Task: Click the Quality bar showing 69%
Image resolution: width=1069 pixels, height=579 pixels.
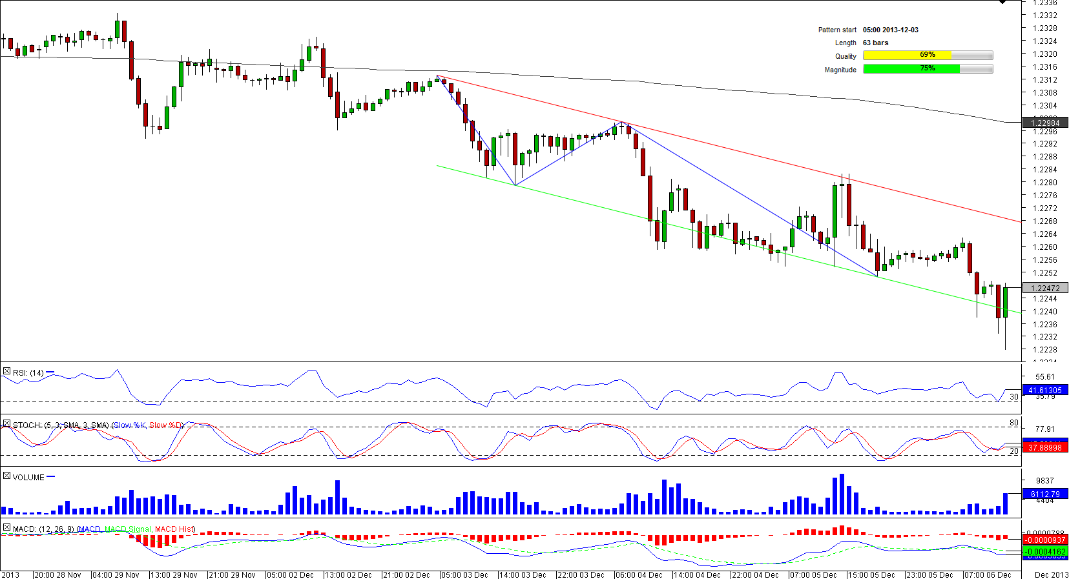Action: pyautogui.click(x=928, y=56)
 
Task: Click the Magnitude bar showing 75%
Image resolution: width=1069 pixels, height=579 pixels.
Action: pyautogui.click(x=928, y=69)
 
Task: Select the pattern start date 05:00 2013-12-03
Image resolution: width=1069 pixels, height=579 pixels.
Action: pyautogui.click(x=890, y=30)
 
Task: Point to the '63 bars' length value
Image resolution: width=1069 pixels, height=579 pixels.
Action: pyautogui.click(x=875, y=43)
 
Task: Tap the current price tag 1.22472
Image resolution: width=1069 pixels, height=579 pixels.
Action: pyautogui.click(x=1044, y=289)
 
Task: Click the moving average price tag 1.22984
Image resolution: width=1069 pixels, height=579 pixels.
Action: pyautogui.click(x=1044, y=123)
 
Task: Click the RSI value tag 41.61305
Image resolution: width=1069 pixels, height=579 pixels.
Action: pyautogui.click(x=1044, y=391)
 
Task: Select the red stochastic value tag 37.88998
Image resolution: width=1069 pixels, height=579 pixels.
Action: pyautogui.click(x=1044, y=447)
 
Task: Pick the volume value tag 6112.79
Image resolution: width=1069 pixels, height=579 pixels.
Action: pyautogui.click(x=1044, y=494)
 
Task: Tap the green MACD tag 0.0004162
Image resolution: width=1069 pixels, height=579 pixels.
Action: pyautogui.click(x=1044, y=552)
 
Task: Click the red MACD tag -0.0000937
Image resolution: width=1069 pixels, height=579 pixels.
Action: pyautogui.click(x=1044, y=540)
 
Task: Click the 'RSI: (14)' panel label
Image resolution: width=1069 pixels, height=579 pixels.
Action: pyautogui.click(x=28, y=372)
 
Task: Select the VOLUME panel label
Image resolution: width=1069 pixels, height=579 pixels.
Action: pyautogui.click(x=28, y=478)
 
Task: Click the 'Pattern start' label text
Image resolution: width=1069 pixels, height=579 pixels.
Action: pyautogui.click(x=837, y=30)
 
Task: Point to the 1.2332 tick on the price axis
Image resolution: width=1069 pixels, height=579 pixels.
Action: pyautogui.click(x=1044, y=15)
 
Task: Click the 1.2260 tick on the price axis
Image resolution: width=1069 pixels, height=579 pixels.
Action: pyautogui.click(x=1044, y=247)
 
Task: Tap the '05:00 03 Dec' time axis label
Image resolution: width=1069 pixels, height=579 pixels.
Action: pyautogui.click(x=465, y=574)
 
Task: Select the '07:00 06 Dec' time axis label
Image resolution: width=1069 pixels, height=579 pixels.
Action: pyautogui.click(x=988, y=574)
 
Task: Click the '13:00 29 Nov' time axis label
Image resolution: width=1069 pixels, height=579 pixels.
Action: pyautogui.click(x=174, y=574)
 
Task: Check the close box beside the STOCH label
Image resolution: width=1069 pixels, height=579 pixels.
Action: pyautogui.click(x=6, y=424)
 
